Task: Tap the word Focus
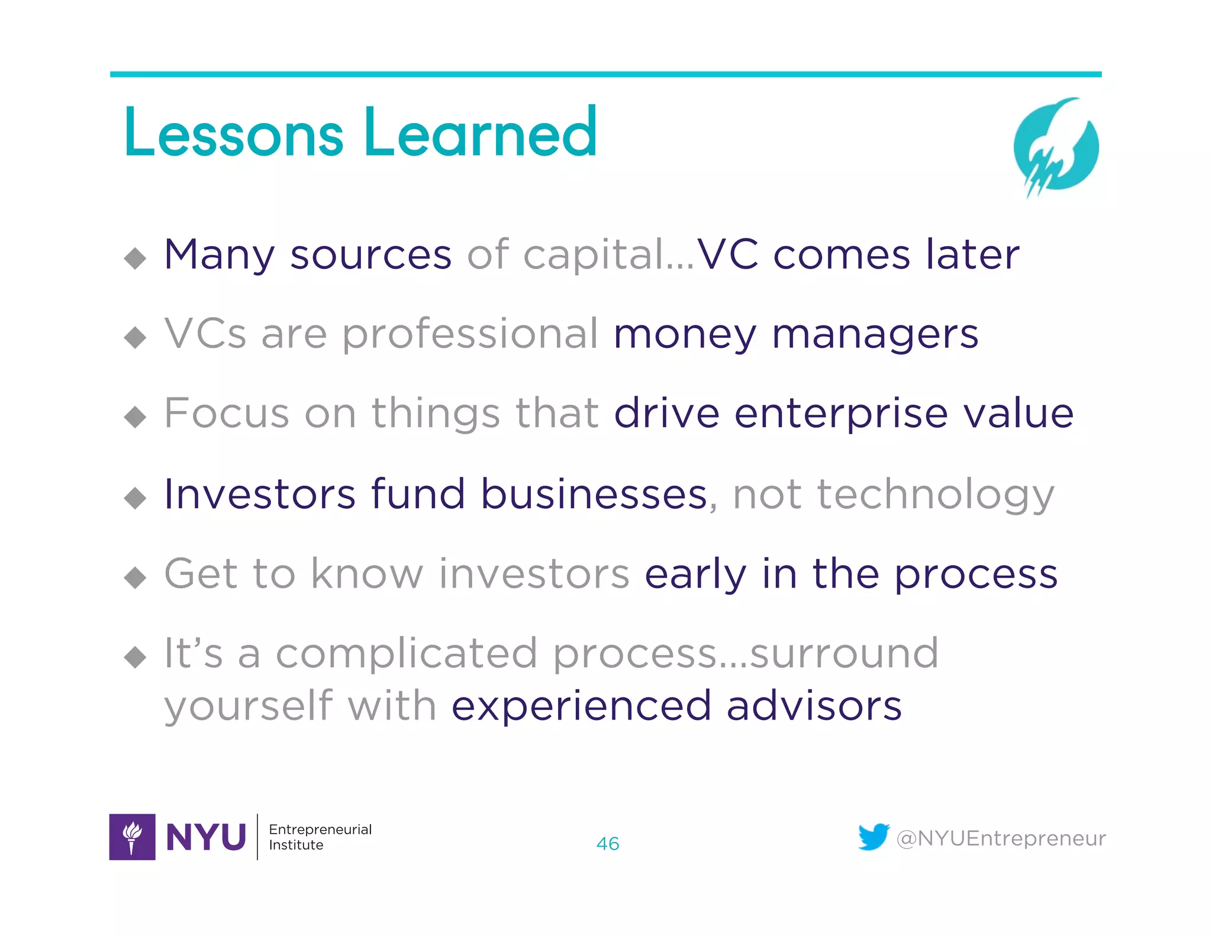[x=227, y=414]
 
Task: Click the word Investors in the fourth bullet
[x=260, y=494]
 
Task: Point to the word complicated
[x=407, y=654]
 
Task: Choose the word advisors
[x=814, y=706]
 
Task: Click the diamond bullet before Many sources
[x=136, y=258]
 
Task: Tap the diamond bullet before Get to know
[x=136, y=577]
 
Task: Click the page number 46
[x=607, y=844]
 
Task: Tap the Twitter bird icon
[x=873, y=837]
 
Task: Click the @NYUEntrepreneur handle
[x=1001, y=838]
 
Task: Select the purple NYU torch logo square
[x=133, y=837]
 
